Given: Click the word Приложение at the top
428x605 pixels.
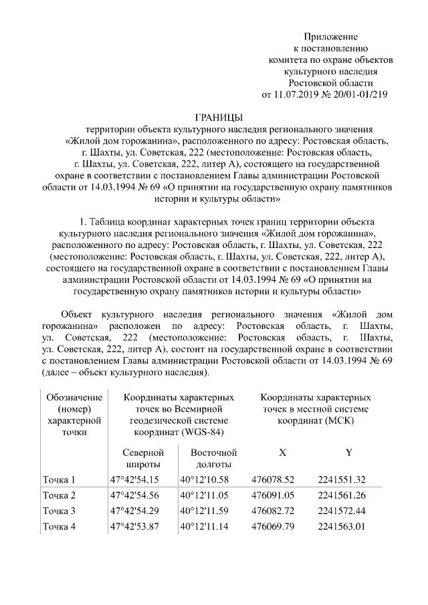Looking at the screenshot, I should [331, 36].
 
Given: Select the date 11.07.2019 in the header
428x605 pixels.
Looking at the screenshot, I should [297, 94].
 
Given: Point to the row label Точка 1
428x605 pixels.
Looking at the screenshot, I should [60, 480].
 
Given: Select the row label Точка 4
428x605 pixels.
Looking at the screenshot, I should [60, 527].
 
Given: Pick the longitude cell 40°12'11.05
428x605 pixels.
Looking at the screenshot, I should [205, 496].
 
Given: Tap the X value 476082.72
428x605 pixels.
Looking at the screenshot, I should [272, 511].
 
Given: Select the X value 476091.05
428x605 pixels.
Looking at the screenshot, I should [272, 496].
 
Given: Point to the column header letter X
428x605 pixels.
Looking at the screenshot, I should [282, 453].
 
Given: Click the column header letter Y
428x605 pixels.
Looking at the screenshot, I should [349, 453].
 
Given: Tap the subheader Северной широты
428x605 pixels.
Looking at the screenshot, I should [143, 458].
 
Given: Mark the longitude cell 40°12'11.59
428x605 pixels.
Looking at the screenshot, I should [205, 511].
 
